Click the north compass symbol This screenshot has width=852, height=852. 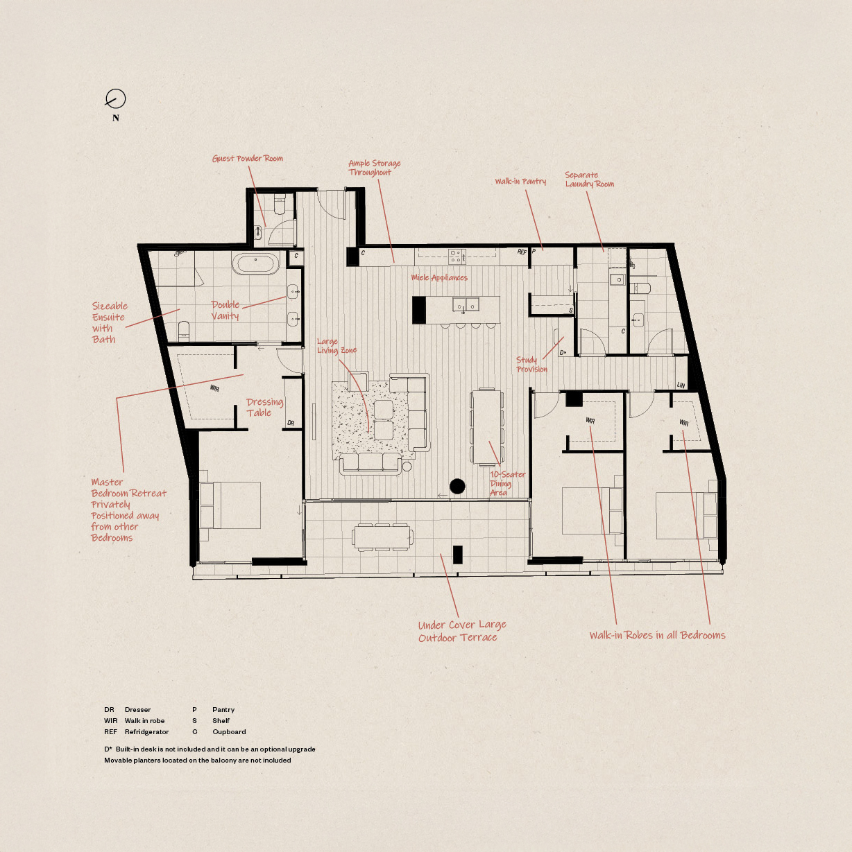(115, 99)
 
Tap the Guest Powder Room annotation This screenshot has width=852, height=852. (247, 159)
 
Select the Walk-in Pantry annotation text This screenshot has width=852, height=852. (520, 182)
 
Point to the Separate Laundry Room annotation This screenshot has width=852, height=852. (588, 180)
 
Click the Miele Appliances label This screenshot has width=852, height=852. (439, 278)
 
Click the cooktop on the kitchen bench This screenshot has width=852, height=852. (456, 257)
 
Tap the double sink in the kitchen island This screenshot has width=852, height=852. (466, 304)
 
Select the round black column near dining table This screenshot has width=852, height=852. (457, 487)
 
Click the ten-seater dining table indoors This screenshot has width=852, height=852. (487, 426)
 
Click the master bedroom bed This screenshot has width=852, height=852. (230, 505)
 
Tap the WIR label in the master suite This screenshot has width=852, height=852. (214, 388)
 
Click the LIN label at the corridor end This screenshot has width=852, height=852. (681, 385)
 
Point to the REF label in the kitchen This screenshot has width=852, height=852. (522, 252)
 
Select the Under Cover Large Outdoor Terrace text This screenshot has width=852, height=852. (461, 631)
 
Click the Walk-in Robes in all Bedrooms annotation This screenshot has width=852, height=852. (657, 635)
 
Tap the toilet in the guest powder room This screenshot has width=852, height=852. (280, 206)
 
